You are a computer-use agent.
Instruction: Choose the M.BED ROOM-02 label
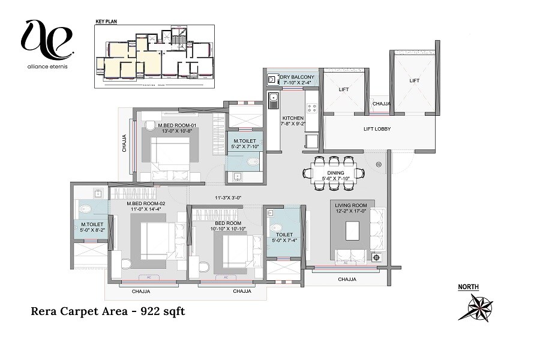pyautogui.click(x=145, y=204)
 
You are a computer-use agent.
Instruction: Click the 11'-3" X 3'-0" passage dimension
pyautogui.click(x=227, y=198)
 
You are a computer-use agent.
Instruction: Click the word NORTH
pyautogui.click(x=469, y=287)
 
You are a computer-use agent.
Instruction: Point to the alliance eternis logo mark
pyautogui.click(x=47, y=37)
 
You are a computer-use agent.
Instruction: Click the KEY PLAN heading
pyautogui.click(x=106, y=22)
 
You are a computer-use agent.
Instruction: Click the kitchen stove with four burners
pyautogui.click(x=312, y=108)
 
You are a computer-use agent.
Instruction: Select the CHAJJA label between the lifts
pyautogui.click(x=381, y=104)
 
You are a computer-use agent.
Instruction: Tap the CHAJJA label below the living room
pyautogui.click(x=347, y=279)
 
